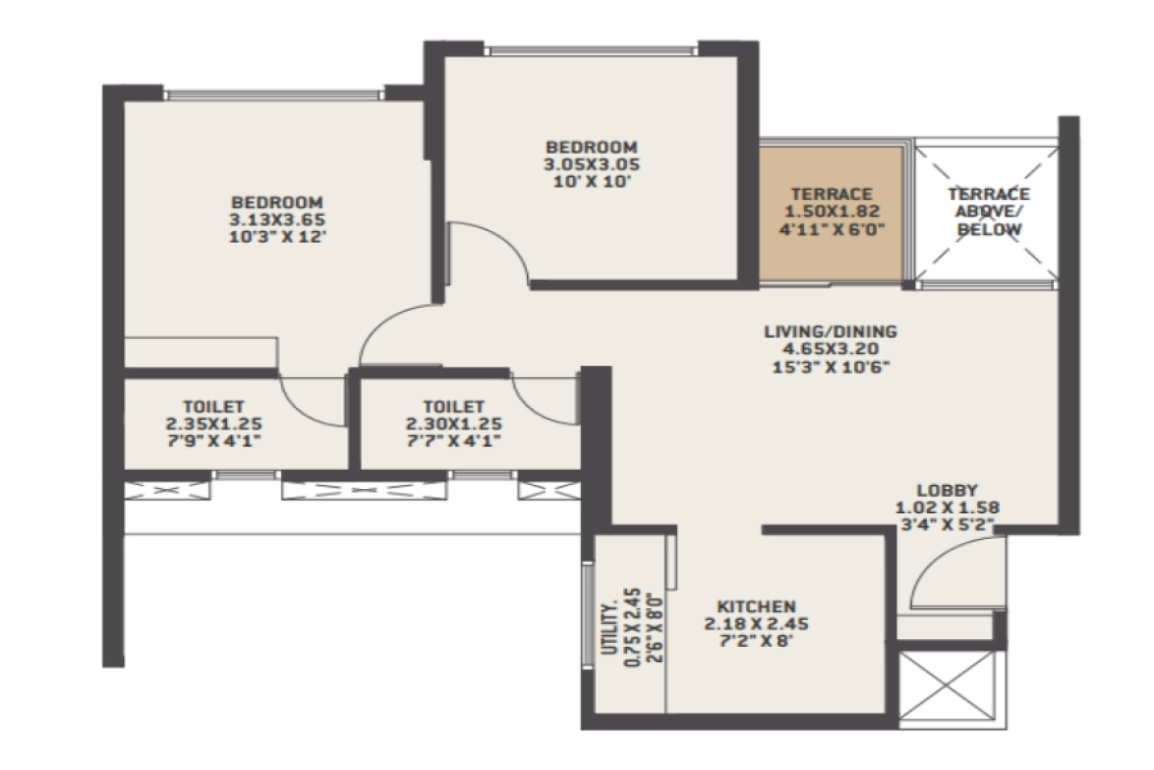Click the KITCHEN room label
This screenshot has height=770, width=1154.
click(x=756, y=606)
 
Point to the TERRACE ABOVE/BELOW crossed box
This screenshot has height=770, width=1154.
click(x=988, y=212)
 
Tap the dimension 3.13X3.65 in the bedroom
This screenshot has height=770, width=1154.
click(x=276, y=218)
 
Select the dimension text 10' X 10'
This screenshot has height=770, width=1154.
click(x=590, y=180)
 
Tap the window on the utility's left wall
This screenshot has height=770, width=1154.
click(x=587, y=616)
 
